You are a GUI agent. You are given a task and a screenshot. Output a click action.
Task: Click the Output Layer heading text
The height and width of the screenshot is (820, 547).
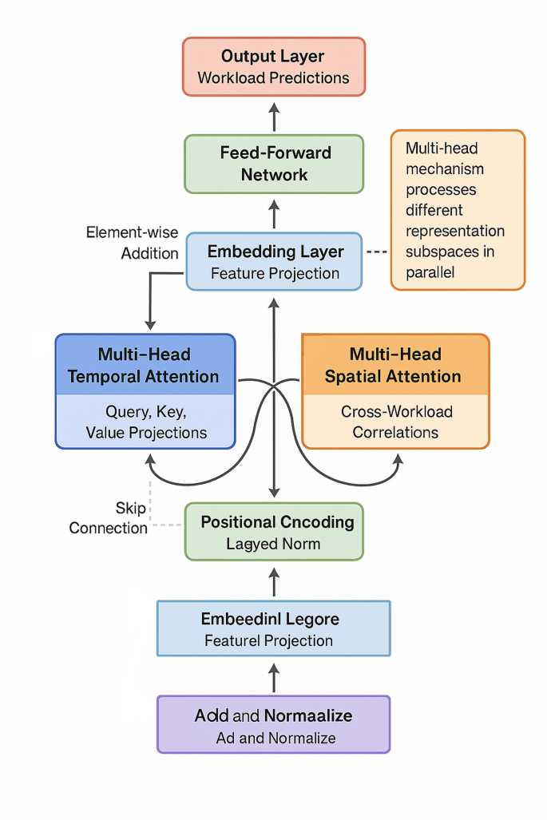[x=273, y=57]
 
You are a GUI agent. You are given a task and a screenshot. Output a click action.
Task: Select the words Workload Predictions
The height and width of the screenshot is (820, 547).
[x=273, y=78]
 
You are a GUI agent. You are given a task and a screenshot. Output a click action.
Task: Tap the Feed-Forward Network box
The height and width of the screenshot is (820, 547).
[x=274, y=164]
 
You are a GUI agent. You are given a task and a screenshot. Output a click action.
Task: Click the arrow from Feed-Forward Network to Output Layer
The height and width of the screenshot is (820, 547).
[x=274, y=117]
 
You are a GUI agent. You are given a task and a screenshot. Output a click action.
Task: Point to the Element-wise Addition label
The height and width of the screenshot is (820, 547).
[x=133, y=243]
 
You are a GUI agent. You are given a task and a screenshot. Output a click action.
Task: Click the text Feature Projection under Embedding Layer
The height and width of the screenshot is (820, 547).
[x=274, y=273]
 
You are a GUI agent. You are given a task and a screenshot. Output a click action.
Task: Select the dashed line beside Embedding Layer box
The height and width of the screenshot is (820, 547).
[x=376, y=252]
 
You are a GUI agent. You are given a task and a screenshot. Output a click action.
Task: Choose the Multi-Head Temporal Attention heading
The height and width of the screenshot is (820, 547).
[x=145, y=366]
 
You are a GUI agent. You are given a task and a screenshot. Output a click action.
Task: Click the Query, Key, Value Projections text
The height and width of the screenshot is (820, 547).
[x=145, y=422]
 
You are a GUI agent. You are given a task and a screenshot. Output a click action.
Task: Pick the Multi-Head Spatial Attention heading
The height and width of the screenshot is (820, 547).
[x=394, y=366]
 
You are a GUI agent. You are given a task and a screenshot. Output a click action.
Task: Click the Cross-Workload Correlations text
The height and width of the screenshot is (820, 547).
[x=396, y=422]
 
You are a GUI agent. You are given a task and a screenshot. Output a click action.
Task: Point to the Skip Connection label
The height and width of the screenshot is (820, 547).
[x=109, y=518]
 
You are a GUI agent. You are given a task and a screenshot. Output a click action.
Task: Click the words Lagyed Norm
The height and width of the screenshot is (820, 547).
[x=273, y=544]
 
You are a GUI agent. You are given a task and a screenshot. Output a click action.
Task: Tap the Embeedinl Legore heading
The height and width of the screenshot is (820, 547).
[x=271, y=619]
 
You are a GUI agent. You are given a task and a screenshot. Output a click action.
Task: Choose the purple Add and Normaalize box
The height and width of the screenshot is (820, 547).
[x=273, y=724]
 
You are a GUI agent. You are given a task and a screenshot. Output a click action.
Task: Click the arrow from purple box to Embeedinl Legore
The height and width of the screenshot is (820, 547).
[x=274, y=678]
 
